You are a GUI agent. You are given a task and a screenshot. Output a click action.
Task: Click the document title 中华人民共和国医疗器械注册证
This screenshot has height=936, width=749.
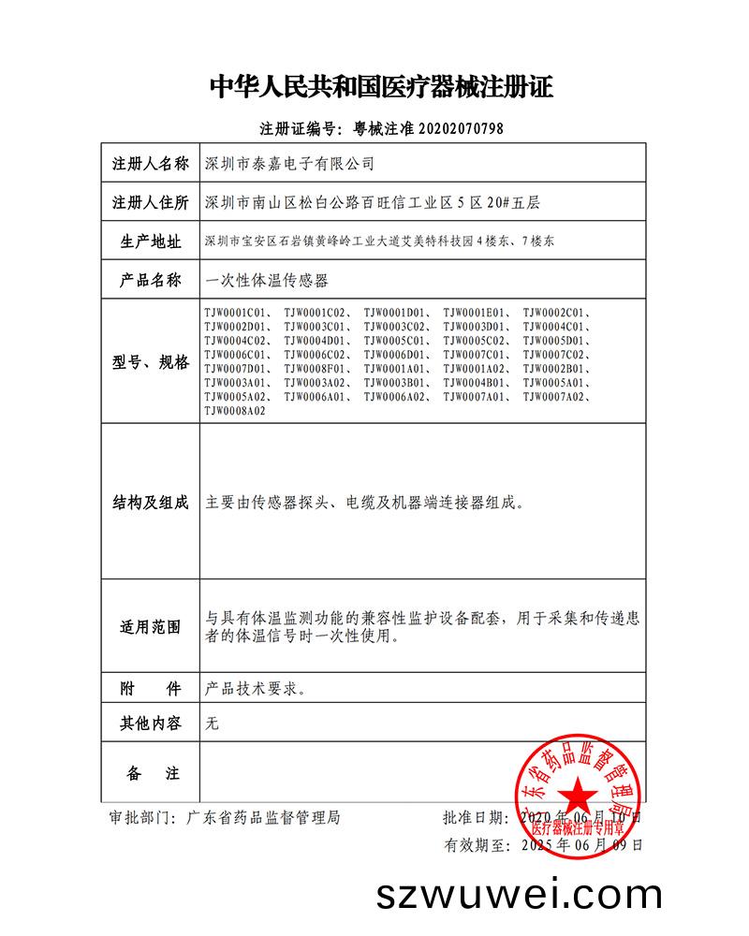point(381,88)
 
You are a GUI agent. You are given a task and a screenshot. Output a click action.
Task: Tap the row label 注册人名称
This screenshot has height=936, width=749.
point(150,163)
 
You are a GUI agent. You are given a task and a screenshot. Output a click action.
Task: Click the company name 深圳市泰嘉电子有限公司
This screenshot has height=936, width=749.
point(289,163)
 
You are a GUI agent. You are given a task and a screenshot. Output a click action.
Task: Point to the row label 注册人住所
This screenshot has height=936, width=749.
point(150,201)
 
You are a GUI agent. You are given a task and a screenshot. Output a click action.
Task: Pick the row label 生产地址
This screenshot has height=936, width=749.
point(150,241)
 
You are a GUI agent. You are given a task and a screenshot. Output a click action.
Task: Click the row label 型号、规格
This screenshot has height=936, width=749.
point(150,361)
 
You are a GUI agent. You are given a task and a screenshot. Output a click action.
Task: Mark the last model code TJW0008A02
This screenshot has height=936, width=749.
point(235,411)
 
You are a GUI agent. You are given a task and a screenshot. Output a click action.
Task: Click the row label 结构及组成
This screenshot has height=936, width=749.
point(150,503)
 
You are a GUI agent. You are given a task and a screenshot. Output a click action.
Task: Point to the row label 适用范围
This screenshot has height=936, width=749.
point(150,626)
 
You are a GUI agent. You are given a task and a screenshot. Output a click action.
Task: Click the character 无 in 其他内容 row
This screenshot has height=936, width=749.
point(212,723)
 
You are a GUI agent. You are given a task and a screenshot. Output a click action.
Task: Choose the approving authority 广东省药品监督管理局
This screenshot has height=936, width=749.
point(263,817)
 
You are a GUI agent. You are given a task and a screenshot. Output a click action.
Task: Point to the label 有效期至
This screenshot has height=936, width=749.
point(475,845)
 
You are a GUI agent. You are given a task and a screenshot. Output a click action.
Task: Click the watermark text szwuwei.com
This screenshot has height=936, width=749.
point(519,895)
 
